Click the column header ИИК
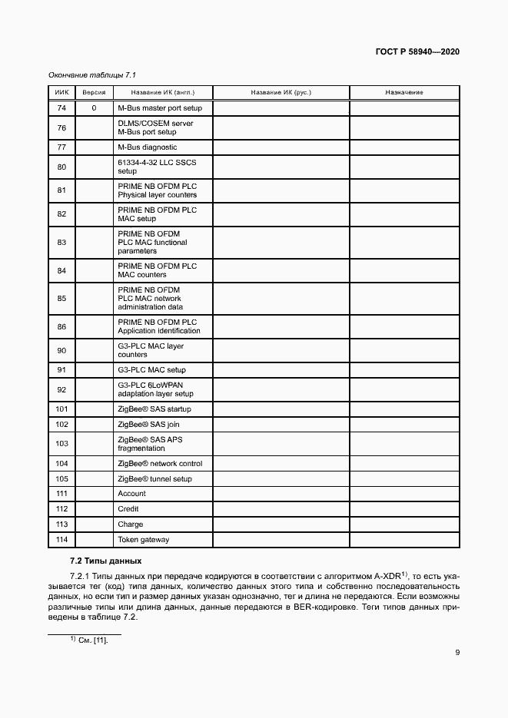point(62,92)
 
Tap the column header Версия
point(94,92)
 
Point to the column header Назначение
point(404,92)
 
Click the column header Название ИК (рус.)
point(281,92)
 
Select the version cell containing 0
point(94,108)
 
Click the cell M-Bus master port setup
point(160,108)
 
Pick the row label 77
point(62,147)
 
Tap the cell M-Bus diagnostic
point(147,147)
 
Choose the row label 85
point(62,298)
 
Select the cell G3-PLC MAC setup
point(151,370)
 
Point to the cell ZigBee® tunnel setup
point(154,479)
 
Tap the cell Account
point(131,494)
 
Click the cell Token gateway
point(143,540)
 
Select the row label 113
point(62,524)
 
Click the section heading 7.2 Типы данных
point(105,561)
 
